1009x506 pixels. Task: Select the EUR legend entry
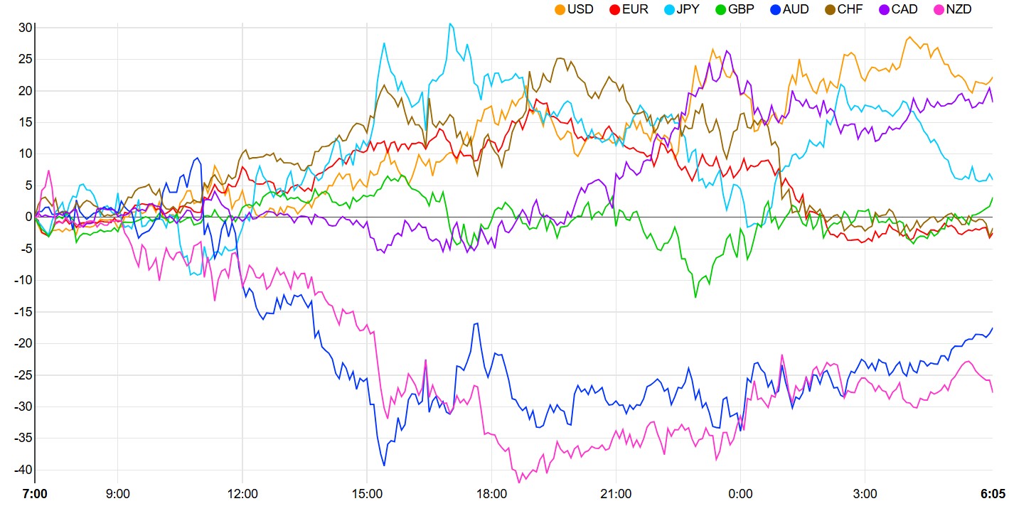tap(635, 9)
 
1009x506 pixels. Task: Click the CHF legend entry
tap(850, 9)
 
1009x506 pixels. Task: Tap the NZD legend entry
tap(958, 9)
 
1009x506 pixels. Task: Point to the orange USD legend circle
tap(560, 9)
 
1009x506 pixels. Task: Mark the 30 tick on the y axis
tap(26, 28)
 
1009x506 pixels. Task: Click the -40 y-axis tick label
tap(23, 469)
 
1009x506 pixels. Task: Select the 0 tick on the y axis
tap(28, 217)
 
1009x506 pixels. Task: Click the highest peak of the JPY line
tap(449, 23)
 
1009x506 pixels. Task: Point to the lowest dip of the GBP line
tap(695, 297)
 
